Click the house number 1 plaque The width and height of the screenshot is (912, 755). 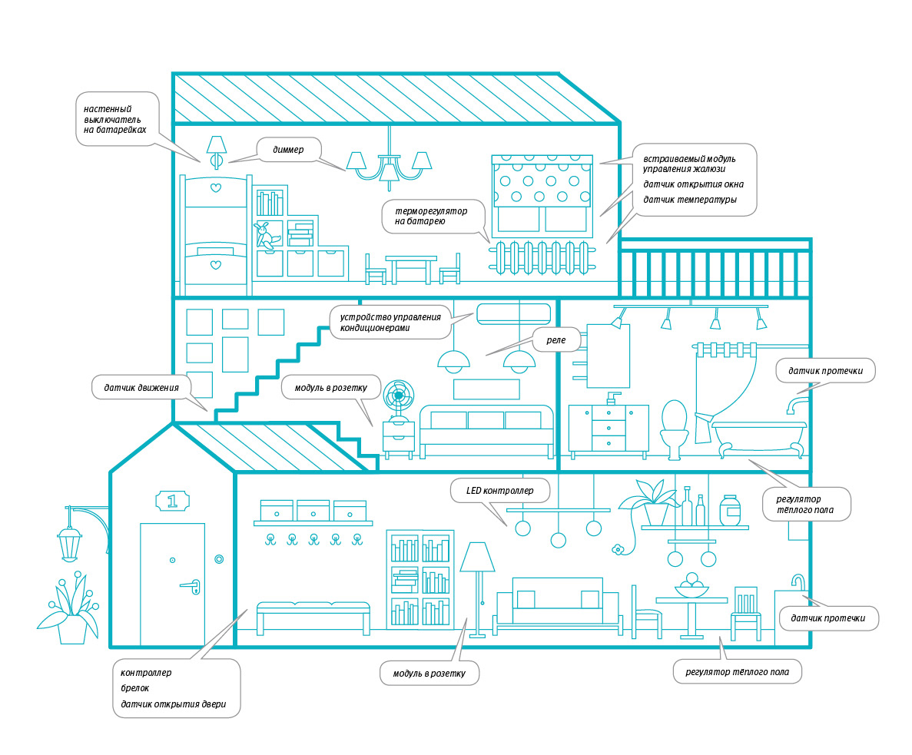[x=172, y=502]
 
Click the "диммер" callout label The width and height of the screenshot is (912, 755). [x=288, y=150]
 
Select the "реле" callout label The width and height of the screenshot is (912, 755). [x=555, y=339]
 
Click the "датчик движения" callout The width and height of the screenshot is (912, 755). [x=141, y=388]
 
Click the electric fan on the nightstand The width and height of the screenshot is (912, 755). [x=398, y=400]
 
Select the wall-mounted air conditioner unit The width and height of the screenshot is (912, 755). [x=514, y=313]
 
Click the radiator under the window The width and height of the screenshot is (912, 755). [x=542, y=257]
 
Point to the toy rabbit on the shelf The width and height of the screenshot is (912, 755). [x=266, y=234]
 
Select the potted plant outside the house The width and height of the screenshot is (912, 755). [x=71, y=613]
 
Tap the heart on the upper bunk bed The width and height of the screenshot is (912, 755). [x=215, y=187]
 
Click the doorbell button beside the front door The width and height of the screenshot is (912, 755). [x=219, y=559]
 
